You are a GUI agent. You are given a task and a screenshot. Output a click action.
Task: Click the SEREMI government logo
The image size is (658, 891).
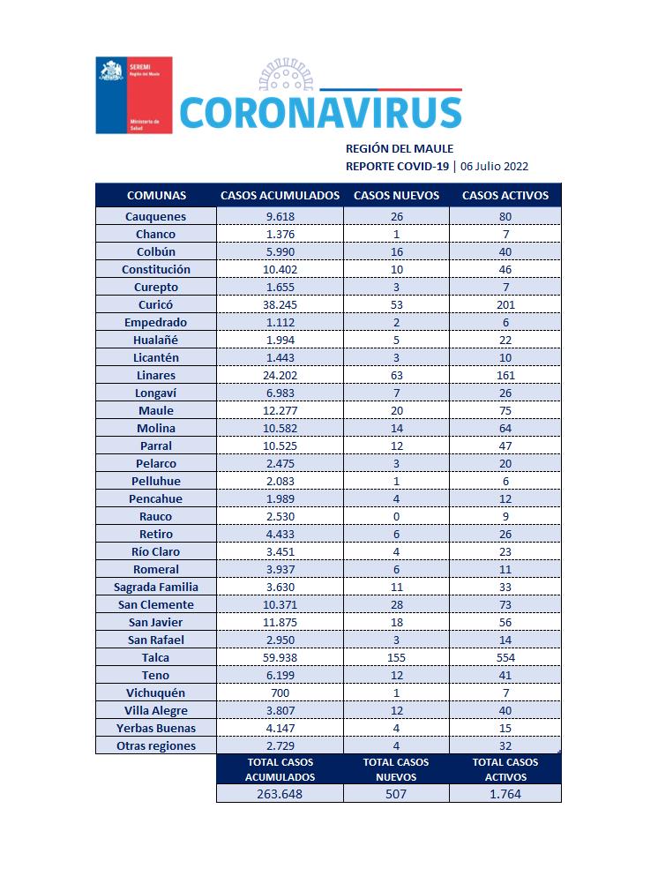[133, 94]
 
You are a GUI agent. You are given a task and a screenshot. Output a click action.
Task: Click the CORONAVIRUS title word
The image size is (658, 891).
[320, 113]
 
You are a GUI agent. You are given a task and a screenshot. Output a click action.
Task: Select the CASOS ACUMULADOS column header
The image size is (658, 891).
[280, 195]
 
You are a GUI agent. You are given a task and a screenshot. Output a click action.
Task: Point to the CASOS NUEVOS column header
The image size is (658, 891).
[396, 195]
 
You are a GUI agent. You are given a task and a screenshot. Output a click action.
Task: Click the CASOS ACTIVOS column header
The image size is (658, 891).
[505, 195]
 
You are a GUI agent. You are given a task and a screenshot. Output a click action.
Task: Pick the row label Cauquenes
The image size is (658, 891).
[155, 216]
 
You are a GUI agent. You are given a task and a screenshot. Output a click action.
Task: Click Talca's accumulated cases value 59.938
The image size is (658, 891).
[280, 657]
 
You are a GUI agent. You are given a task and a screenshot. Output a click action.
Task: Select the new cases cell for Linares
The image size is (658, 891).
[396, 375]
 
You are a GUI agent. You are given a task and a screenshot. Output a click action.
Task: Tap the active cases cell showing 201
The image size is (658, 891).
[505, 304]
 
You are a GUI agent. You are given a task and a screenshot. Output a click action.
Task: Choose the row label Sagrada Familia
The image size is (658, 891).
[155, 587]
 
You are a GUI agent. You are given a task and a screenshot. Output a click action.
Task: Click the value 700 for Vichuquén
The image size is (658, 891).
[280, 693]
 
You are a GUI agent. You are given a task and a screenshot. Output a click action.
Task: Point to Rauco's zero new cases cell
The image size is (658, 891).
[396, 516]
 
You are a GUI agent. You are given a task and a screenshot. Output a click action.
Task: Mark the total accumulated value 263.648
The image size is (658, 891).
[280, 793]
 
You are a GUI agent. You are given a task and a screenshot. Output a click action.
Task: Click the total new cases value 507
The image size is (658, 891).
[396, 793]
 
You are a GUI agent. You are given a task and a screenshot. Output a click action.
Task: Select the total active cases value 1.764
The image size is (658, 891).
[505, 793]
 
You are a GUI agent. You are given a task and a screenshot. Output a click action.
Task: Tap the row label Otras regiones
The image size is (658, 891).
[155, 745]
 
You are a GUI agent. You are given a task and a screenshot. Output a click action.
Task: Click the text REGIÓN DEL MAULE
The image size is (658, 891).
[399, 148]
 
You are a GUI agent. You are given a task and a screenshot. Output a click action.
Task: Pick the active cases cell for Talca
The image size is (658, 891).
[505, 657]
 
